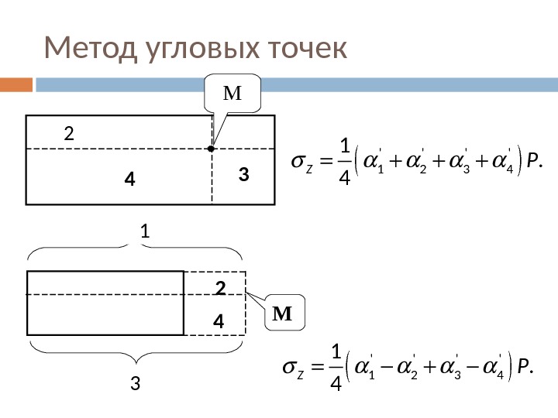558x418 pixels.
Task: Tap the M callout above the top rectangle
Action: (x=232, y=94)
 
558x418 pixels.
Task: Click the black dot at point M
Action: (x=211, y=147)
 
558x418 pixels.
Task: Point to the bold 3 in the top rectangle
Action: (x=243, y=176)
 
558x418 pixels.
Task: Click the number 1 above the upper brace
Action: (x=144, y=231)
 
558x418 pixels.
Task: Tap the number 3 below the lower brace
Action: (x=136, y=383)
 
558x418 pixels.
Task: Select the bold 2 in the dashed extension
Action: (x=219, y=289)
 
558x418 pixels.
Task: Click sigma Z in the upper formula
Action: (x=300, y=162)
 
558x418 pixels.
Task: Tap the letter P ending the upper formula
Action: (x=531, y=161)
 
